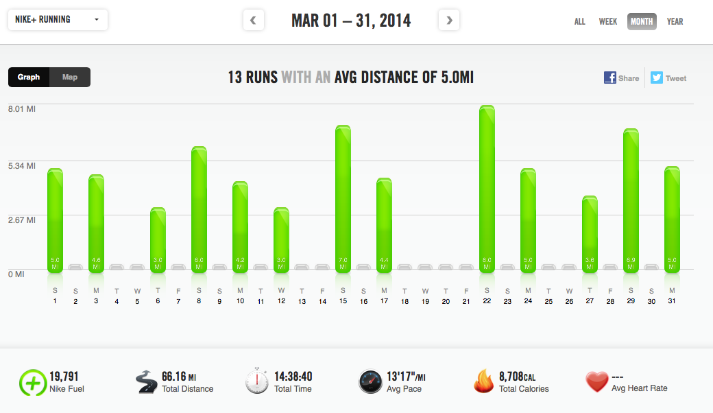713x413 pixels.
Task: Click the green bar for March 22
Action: (487, 189)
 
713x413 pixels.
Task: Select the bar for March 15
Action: (343, 199)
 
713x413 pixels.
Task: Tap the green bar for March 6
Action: (158, 240)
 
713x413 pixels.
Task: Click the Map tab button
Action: (70, 78)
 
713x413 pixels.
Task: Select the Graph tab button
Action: (29, 78)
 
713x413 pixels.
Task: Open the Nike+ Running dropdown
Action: (58, 20)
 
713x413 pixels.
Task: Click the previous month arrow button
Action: (253, 21)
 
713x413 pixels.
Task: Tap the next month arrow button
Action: (449, 21)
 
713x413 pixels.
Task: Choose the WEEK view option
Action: (608, 21)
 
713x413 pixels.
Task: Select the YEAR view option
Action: (675, 21)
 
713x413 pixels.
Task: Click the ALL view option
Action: (580, 21)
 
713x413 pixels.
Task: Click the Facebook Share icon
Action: (610, 78)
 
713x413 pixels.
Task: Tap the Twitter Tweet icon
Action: (657, 78)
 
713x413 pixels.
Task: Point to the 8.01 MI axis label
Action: (22, 108)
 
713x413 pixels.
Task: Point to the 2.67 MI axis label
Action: (22, 220)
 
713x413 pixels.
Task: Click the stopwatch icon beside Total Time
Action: (257, 381)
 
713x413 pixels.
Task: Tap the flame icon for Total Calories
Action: (483, 381)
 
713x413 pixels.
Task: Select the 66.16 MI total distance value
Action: (178, 376)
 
